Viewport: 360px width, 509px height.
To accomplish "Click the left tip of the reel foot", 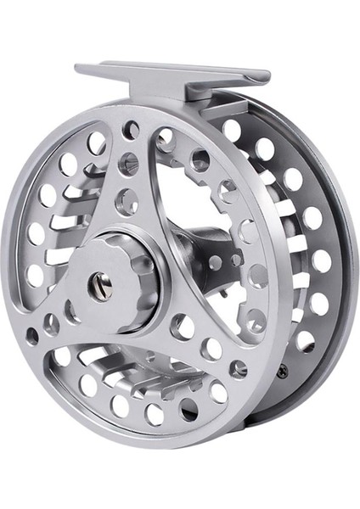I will pos(79,69).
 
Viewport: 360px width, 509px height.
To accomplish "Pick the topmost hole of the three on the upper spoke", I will pos(131,130).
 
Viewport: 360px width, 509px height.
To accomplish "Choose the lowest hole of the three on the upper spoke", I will pos(127,202).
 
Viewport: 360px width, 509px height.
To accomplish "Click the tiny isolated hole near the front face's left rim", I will pos(33,336).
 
